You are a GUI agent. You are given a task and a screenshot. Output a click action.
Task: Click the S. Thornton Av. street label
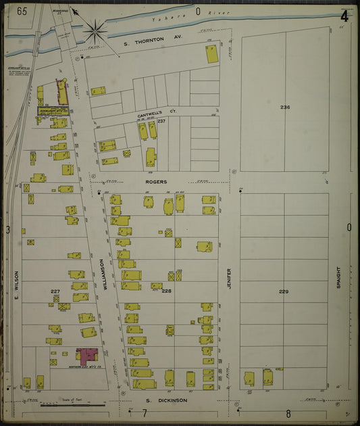pos(153,43)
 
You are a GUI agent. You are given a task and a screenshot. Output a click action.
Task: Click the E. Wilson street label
pos(18,287)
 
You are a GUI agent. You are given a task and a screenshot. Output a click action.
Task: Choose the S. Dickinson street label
pos(165,400)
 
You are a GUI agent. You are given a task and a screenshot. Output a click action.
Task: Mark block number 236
pos(285,108)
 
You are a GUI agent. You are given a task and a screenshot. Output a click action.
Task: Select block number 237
pos(161,121)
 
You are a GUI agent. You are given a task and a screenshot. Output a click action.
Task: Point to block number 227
pos(55,291)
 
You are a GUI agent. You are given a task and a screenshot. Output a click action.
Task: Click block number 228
pos(166,291)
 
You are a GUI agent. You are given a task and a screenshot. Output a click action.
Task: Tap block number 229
pos(284,291)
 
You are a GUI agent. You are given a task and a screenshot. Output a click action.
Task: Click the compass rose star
pos(95,30)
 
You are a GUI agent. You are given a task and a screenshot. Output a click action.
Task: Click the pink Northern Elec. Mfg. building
pos(87,354)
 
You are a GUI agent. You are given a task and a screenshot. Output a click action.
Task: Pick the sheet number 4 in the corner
pos(344,16)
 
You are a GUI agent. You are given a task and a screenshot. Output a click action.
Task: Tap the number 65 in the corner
pos(22,11)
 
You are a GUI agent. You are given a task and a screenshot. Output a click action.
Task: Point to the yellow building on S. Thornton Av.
pos(212,54)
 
